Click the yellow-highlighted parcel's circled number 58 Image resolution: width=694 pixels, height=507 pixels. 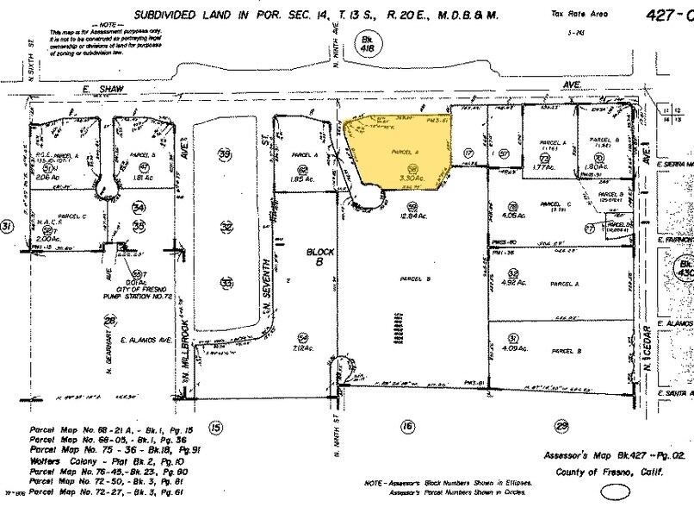click(x=413, y=169)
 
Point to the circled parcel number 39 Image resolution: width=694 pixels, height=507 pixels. click(x=226, y=154)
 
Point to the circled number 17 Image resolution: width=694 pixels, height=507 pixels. click(x=469, y=154)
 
